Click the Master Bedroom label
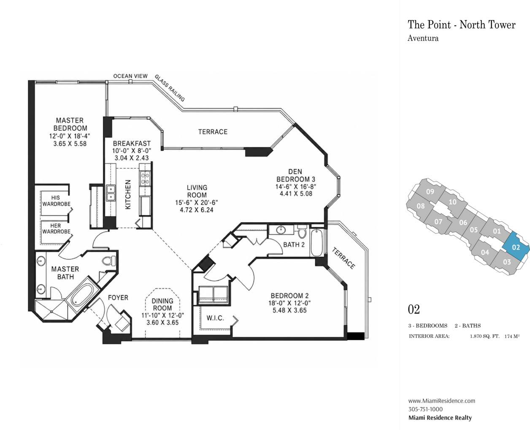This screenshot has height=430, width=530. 70,124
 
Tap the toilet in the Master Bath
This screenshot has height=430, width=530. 109,261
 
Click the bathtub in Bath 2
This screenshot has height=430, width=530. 317,242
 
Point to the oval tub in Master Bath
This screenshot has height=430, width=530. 83,295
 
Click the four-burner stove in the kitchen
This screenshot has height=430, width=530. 145,178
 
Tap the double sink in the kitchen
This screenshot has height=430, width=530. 110,193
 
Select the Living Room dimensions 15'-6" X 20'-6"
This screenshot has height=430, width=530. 197,203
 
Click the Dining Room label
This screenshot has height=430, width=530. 162,304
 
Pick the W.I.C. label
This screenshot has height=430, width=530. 215,318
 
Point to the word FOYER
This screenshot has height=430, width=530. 118,298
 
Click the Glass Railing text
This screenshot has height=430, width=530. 170,88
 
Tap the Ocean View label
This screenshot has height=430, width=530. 130,76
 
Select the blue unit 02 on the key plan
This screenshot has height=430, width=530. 516,247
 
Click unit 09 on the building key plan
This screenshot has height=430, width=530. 430,192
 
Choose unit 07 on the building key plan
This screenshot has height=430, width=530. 438,221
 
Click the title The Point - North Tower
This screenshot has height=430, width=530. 462,25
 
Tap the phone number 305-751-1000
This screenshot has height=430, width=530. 425,409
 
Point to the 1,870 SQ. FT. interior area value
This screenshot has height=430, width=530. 485,336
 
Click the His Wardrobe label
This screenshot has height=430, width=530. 56,201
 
